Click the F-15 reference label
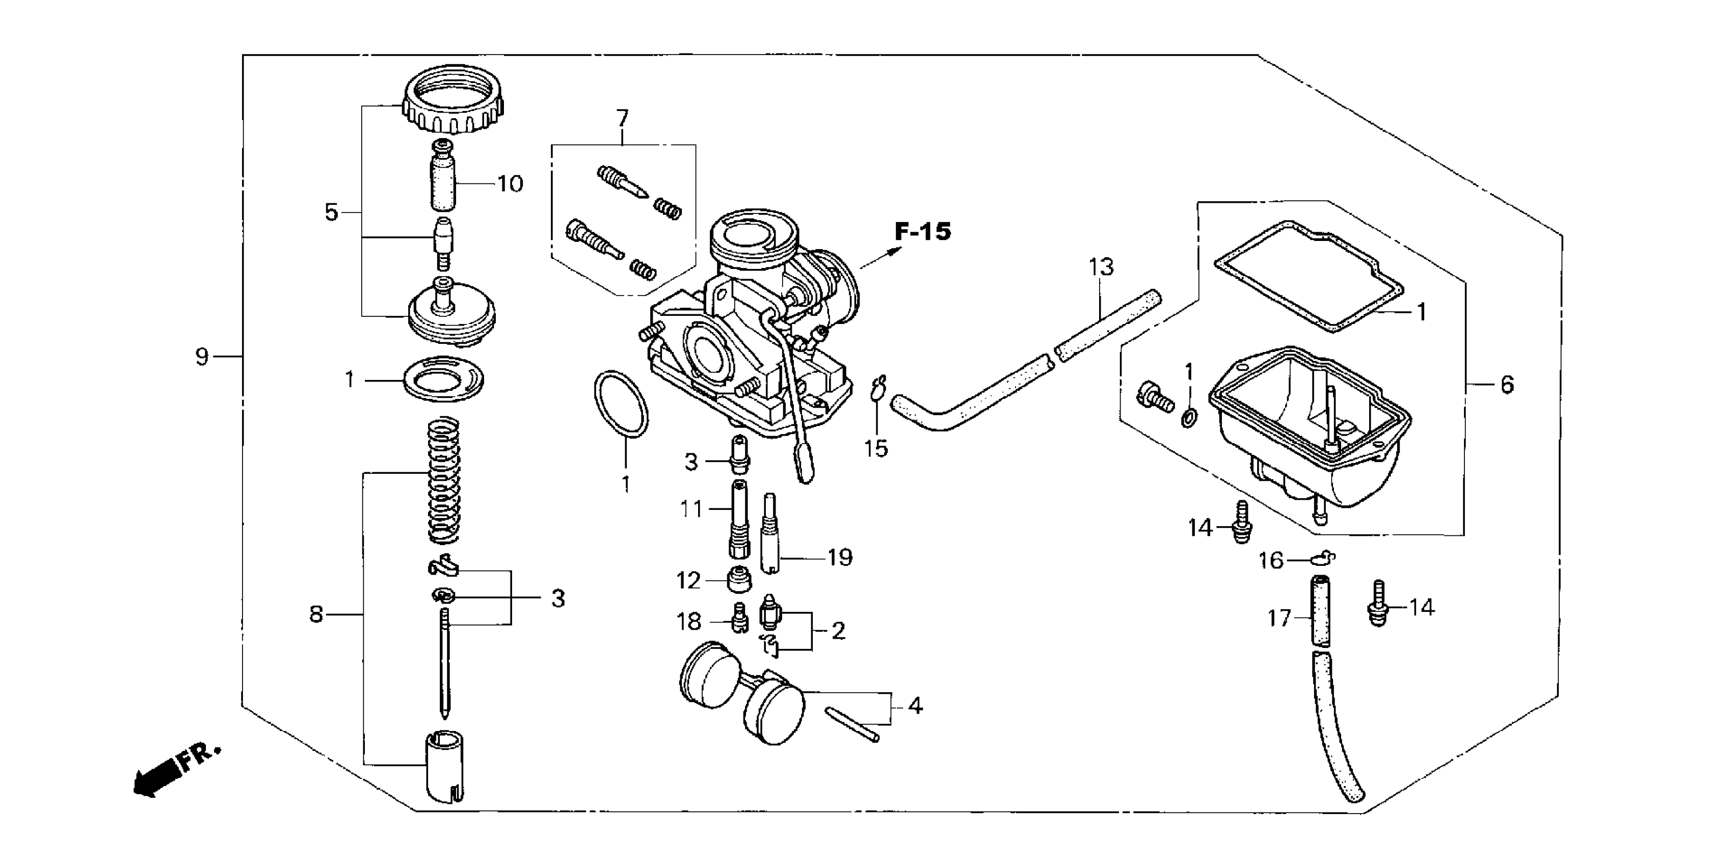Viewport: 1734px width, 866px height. (x=923, y=232)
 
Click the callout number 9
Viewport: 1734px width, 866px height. (x=202, y=357)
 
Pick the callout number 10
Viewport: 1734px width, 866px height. (x=510, y=184)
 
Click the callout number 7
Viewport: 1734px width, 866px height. (x=622, y=119)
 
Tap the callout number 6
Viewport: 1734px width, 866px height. (x=1506, y=385)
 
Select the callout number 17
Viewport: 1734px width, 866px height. (x=1279, y=618)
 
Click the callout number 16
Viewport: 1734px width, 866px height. (x=1271, y=560)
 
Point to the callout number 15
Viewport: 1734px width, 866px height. (x=876, y=448)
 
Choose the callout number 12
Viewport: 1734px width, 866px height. (x=688, y=581)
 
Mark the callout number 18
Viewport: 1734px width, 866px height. (x=688, y=622)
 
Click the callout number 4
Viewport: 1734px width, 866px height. (x=915, y=706)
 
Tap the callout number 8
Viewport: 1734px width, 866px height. (x=316, y=614)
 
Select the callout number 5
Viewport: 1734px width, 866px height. (x=331, y=212)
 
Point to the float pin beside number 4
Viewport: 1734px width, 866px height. (x=852, y=723)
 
